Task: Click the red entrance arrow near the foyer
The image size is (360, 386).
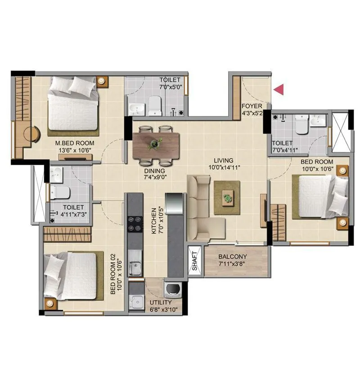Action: click(280, 90)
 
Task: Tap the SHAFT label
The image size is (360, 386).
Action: click(195, 260)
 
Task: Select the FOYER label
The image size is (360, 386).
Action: click(249, 106)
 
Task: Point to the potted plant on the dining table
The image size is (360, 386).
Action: click(156, 143)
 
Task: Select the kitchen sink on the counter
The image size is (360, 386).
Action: click(134, 269)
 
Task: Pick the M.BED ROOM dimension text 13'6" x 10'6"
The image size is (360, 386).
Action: click(75, 151)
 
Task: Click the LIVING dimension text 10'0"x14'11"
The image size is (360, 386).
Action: click(223, 167)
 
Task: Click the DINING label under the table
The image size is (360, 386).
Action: click(154, 171)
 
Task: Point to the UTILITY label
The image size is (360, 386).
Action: click(160, 303)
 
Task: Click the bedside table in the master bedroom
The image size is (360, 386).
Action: click(103, 81)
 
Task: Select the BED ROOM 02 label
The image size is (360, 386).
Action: click(113, 274)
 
